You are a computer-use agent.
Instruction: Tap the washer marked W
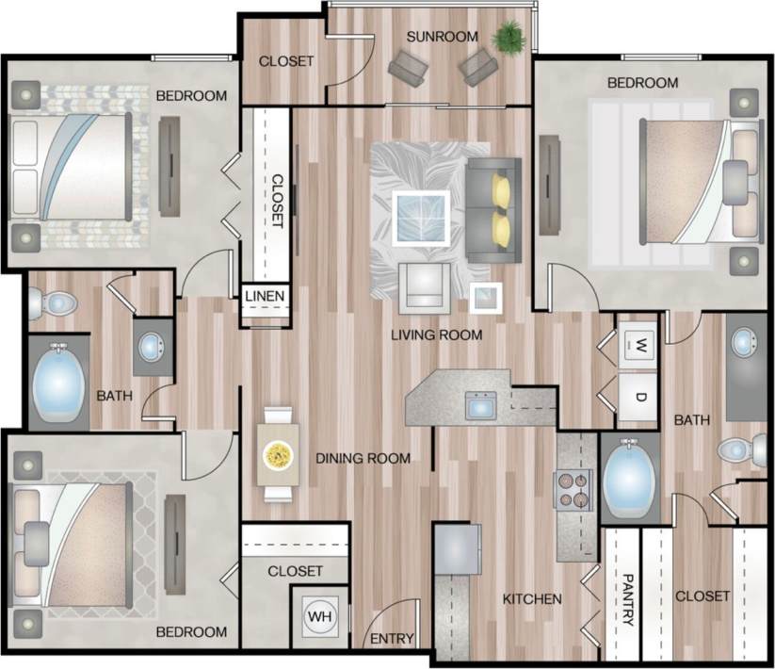(x=637, y=343)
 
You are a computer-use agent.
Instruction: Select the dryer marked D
(x=637, y=396)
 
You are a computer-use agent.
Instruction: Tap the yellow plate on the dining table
(x=279, y=455)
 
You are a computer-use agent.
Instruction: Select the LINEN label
(x=265, y=297)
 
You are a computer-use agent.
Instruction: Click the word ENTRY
(x=392, y=639)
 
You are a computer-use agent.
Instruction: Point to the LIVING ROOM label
(x=437, y=334)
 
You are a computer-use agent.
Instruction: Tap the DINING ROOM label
(x=363, y=459)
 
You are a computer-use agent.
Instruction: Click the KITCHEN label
(x=531, y=599)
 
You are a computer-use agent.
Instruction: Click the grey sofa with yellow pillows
(x=494, y=208)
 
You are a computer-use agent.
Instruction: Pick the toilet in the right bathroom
(x=742, y=450)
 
